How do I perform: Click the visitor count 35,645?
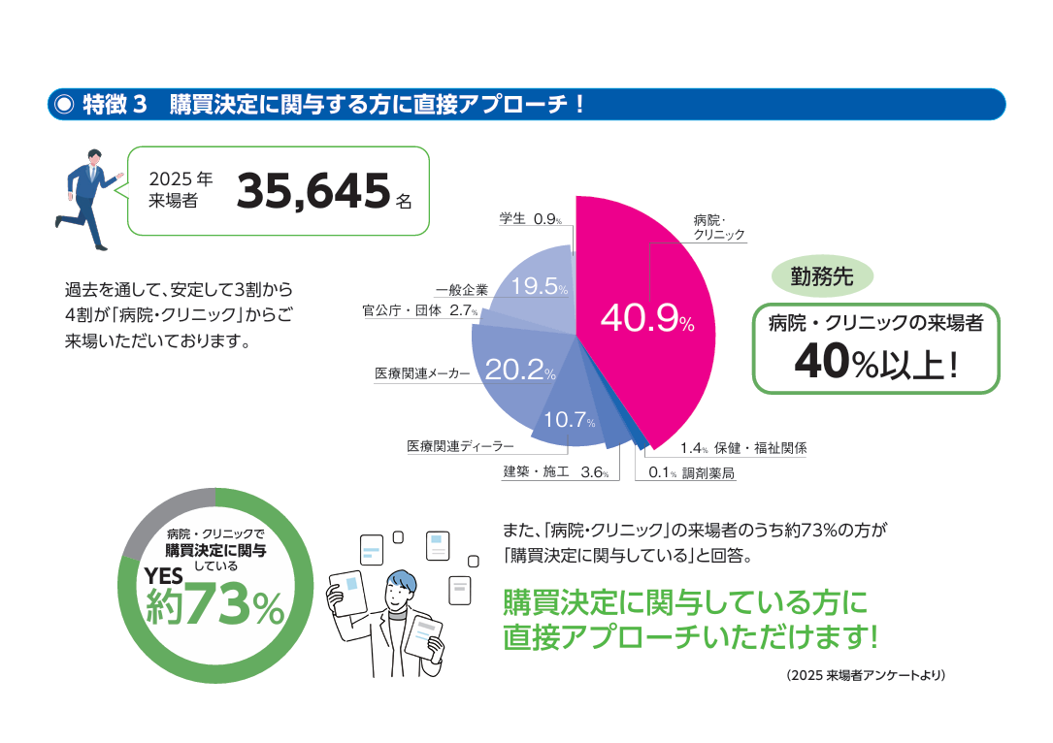pos(313,191)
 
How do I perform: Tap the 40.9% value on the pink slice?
pos(647,318)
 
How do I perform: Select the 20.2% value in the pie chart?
pos(520,370)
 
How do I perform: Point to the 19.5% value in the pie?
pos(540,286)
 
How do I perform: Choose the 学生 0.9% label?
pos(531,219)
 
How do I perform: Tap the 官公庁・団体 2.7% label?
pos(420,310)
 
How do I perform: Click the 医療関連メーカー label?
pos(422,373)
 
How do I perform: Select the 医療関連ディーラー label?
pos(460,446)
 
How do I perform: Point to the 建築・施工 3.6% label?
pos(556,471)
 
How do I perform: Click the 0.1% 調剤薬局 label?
pos(691,472)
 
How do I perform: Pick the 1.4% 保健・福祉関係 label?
pos(743,448)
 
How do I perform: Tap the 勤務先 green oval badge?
pos(822,276)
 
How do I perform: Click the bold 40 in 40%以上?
pos(823,361)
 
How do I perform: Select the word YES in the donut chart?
pos(164,576)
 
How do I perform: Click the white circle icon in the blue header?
pos(64,104)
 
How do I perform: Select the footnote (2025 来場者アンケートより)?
pos(866,675)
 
